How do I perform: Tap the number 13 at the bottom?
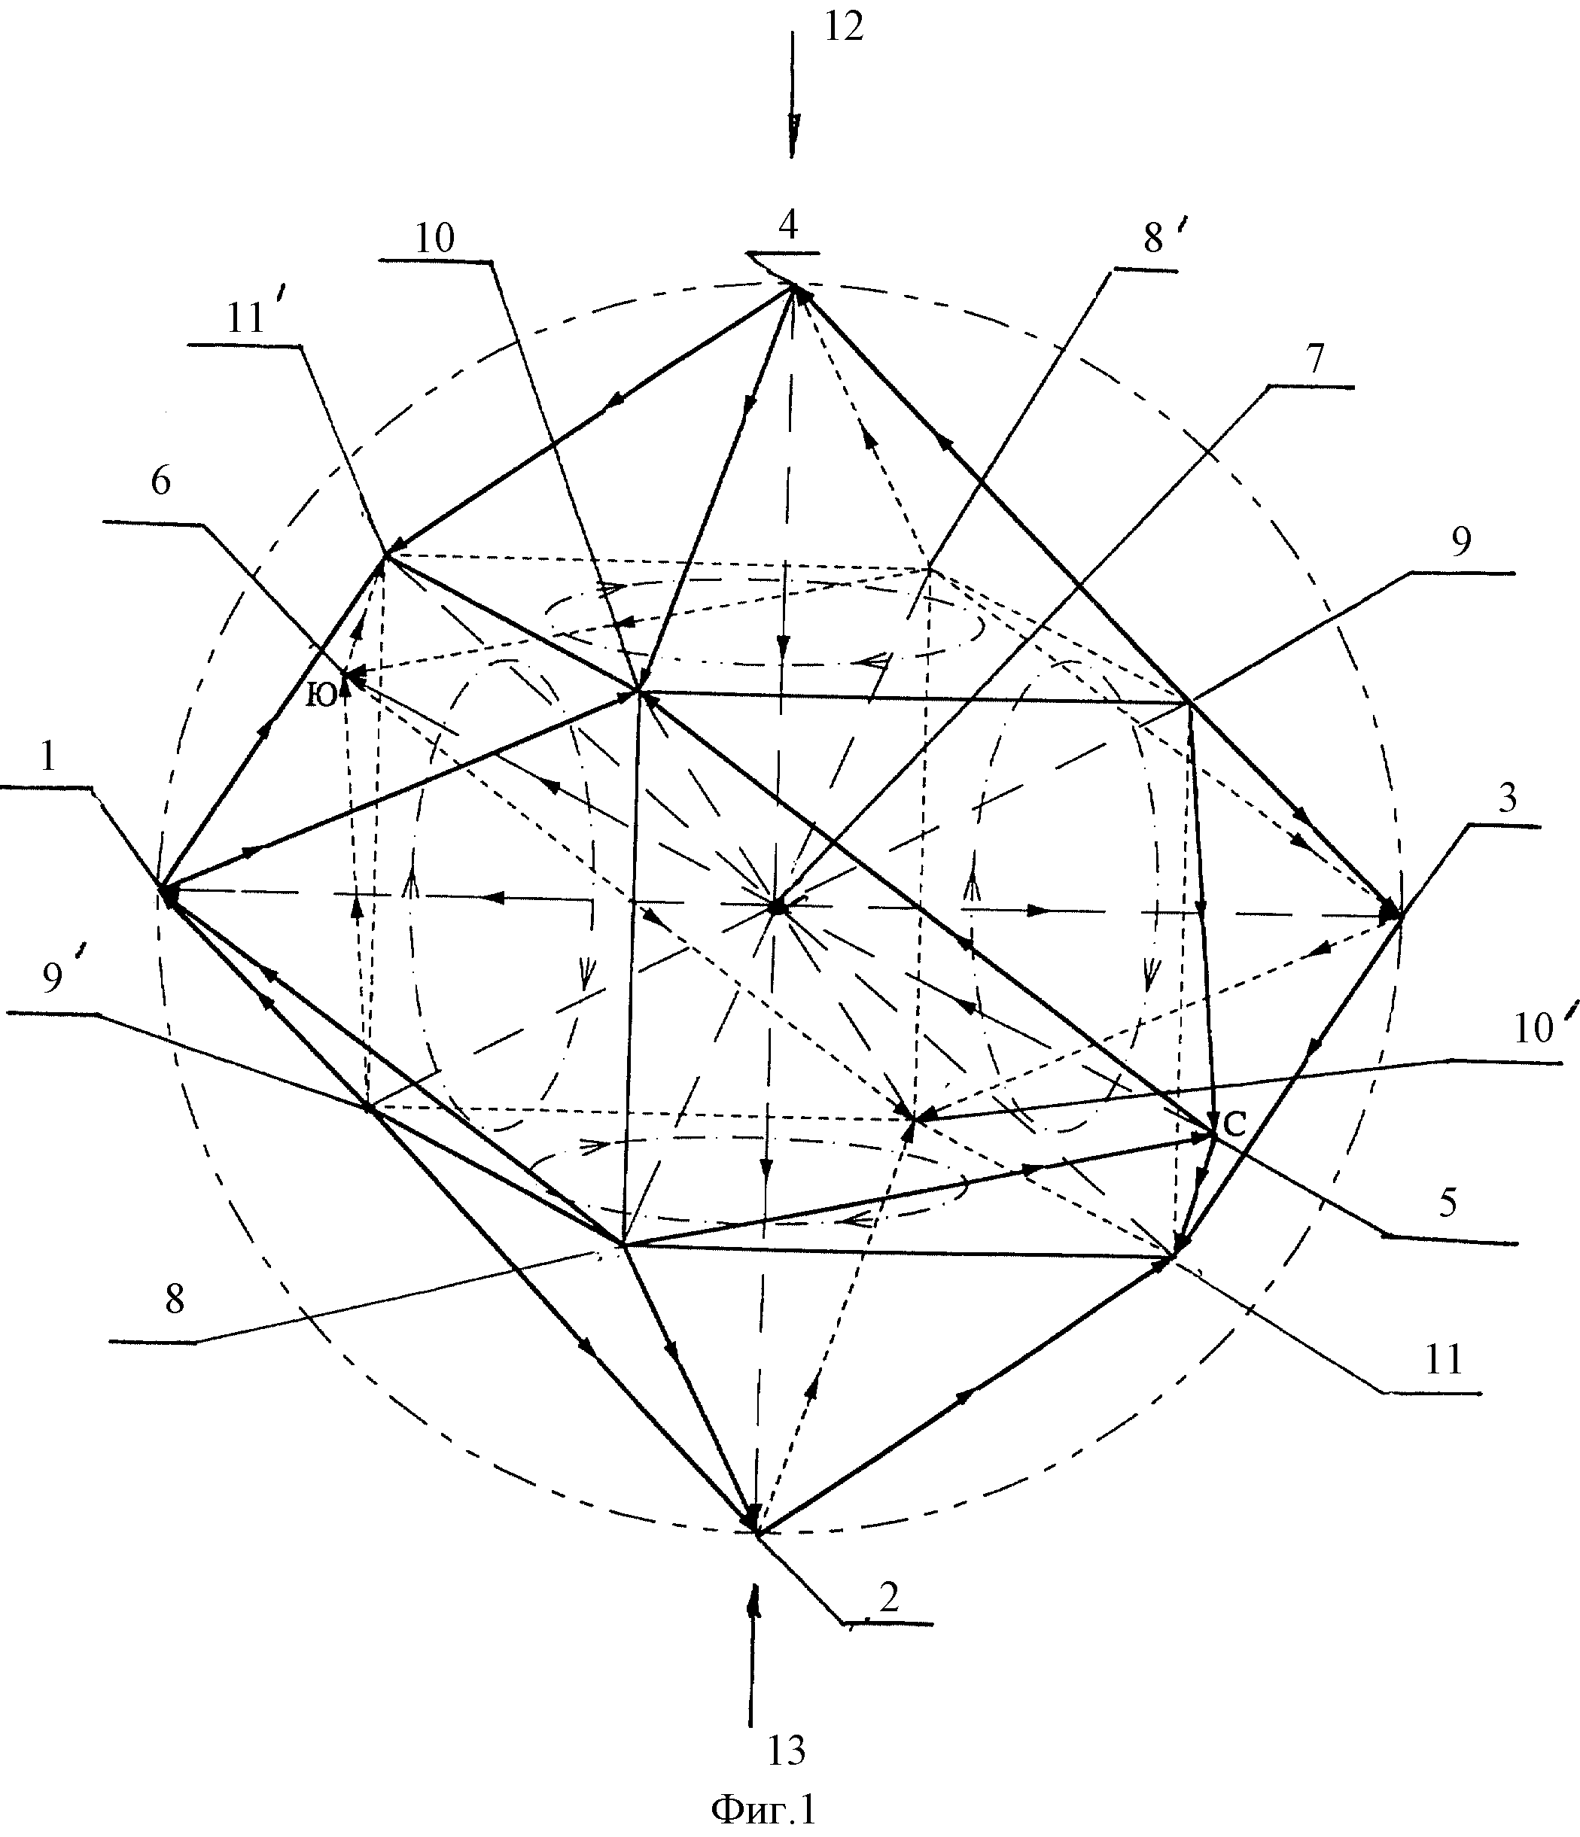point(786,1750)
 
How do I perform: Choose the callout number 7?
point(1314,359)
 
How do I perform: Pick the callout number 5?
point(1448,1203)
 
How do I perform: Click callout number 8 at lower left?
point(175,1300)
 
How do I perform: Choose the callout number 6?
point(160,482)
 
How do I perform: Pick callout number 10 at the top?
point(434,238)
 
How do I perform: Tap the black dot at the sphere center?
point(777,906)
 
